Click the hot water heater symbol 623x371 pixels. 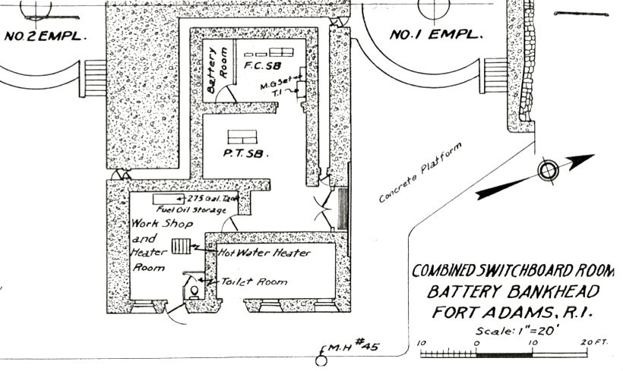(182, 247)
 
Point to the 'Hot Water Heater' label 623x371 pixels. (264, 253)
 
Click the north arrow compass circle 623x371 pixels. (548, 171)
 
